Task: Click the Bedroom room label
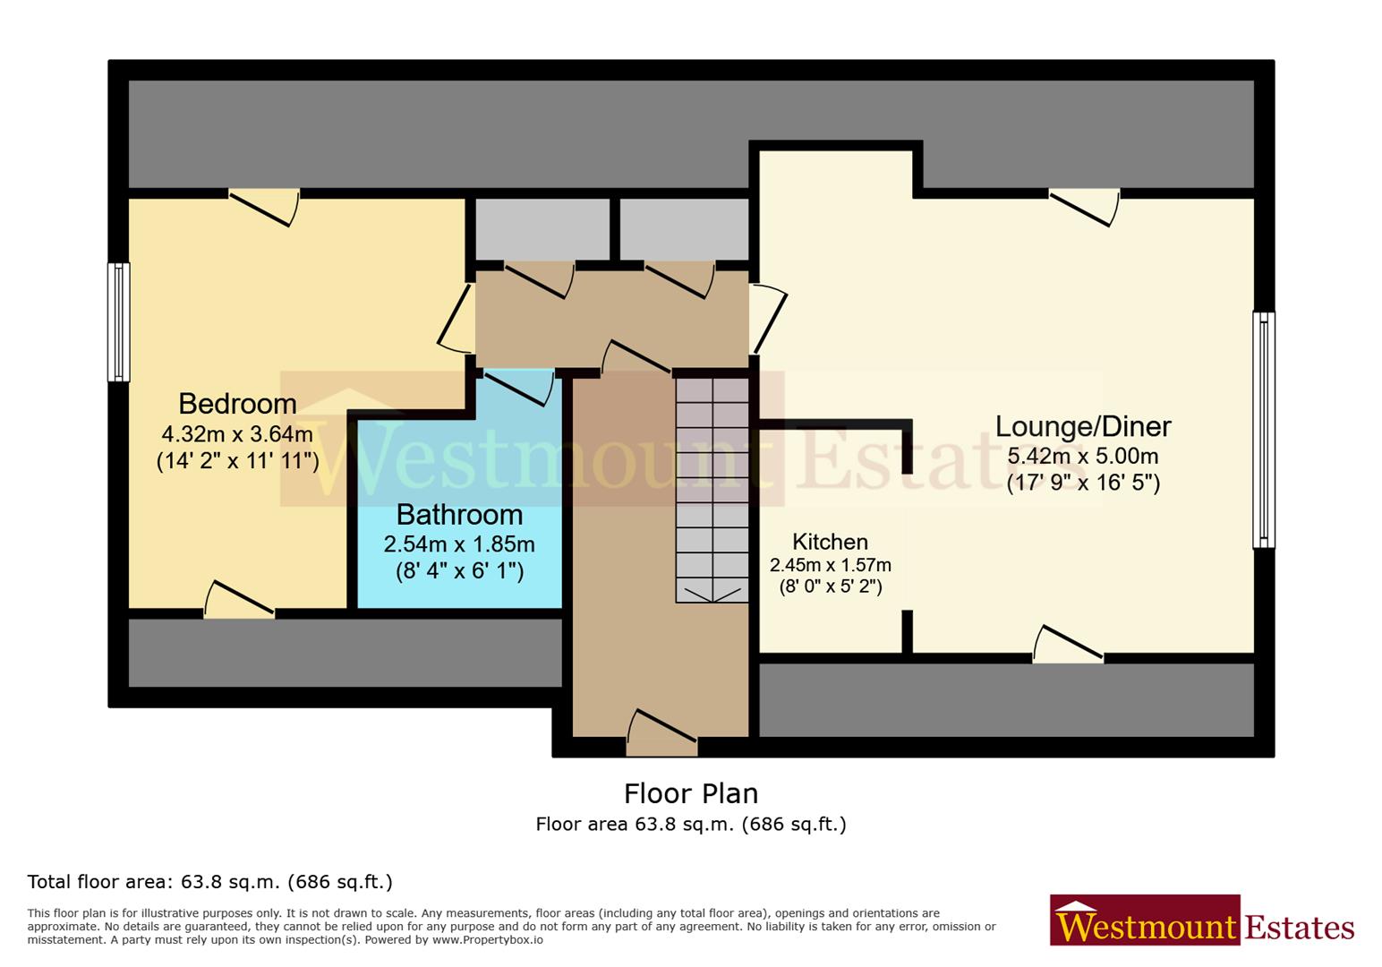click(237, 403)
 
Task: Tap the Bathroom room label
click(459, 514)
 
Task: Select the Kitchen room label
click(830, 542)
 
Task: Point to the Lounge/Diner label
click(1083, 426)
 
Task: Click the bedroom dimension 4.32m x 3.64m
click(237, 434)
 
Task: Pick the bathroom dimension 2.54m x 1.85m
click(459, 544)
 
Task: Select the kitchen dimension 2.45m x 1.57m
click(830, 565)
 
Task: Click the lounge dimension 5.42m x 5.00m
click(1083, 456)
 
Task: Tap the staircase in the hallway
click(712, 489)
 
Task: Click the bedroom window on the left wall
click(118, 321)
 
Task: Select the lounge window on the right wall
click(1263, 430)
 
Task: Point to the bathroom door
click(519, 385)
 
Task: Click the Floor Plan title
click(690, 793)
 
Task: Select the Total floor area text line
click(209, 882)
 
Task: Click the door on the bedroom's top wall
click(264, 206)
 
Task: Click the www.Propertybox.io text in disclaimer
click(487, 940)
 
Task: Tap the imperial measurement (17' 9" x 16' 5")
click(1083, 483)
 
